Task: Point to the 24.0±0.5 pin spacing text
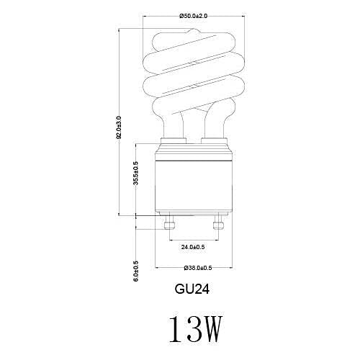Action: (193, 247)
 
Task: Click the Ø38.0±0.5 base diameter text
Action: (193, 268)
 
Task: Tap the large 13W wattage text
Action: (193, 329)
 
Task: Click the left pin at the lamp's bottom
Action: (170, 224)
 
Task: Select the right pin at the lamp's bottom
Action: (217, 224)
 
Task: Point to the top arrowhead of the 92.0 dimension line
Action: (119, 30)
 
